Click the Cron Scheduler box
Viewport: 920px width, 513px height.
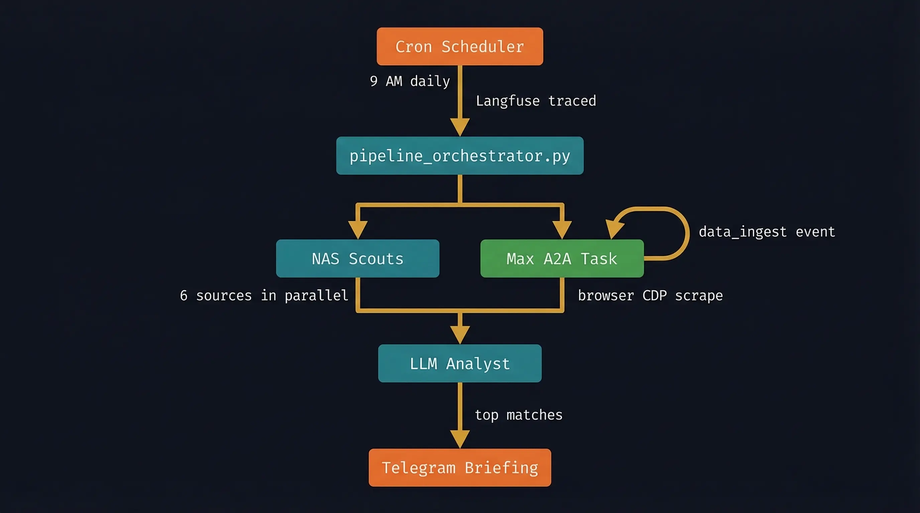[460, 46]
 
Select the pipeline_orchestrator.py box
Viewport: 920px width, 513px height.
[460, 156]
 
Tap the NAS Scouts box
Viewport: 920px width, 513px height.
[357, 258]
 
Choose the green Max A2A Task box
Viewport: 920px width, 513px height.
[562, 258]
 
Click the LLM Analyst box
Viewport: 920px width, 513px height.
[460, 363]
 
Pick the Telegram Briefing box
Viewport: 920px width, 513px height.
[460, 467]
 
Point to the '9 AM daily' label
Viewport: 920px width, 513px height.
[410, 81]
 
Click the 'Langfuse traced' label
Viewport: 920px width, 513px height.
[536, 101]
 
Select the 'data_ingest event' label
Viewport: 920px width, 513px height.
[767, 232]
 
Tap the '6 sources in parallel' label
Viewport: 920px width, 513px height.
[264, 296]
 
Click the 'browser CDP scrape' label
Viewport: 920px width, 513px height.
[650, 296]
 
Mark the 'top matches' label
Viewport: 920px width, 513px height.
[518, 415]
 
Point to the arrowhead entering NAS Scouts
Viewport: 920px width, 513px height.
[357, 230]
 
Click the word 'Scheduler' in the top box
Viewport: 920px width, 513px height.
[482, 47]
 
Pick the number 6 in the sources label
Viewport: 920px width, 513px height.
[184, 296]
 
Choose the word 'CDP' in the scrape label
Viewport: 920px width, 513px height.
[654, 296]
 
